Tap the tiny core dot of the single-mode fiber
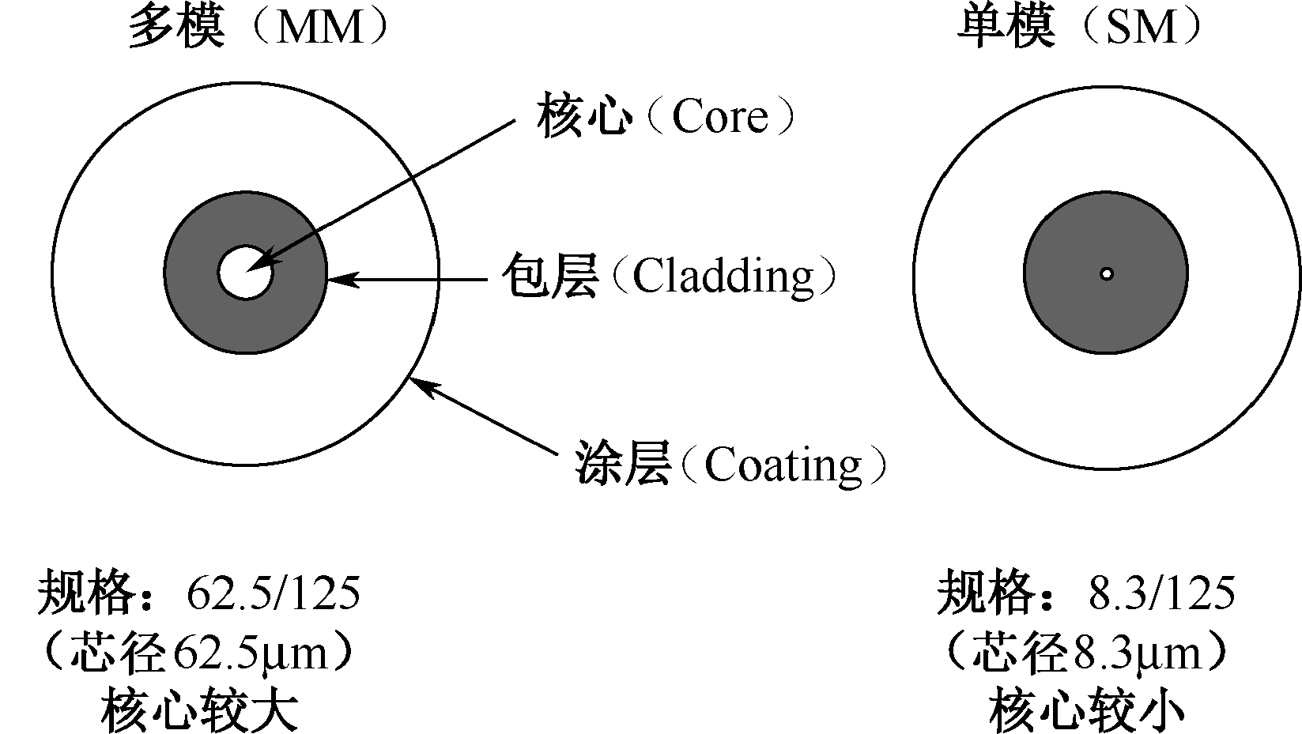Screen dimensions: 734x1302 click(x=1107, y=274)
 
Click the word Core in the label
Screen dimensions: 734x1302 click(x=719, y=118)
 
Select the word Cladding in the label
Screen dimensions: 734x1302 click(x=723, y=277)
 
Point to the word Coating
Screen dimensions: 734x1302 click(x=783, y=465)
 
